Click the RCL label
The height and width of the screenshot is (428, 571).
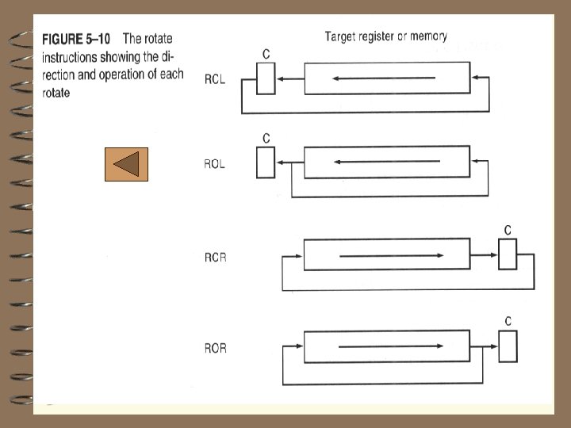(x=215, y=79)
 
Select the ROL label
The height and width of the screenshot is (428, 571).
(x=215, y=165)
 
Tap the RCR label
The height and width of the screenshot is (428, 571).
(x=215, y=257)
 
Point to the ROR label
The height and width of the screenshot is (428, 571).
(x=215, y=348)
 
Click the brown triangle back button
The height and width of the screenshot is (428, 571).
(x=126, y=164)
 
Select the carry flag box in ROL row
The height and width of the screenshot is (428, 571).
(x=266, y=162)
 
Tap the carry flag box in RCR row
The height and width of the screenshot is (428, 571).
(x=508, y=254)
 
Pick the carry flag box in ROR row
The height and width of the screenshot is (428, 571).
(x=508, y=346)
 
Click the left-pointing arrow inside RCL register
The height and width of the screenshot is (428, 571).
(x=385, y=78)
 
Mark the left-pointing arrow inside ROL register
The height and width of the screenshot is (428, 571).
(x=386, y=162)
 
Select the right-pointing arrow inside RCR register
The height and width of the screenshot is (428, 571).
(x=390, y=255)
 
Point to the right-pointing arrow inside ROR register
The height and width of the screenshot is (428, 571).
(x=390, y=347)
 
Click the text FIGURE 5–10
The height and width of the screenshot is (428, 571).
(x=76, y=39)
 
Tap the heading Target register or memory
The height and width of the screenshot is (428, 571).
(x=386, y=36)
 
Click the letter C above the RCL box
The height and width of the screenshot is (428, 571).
(x=266, y=53)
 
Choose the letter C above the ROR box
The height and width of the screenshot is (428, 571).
(x=508, y=321)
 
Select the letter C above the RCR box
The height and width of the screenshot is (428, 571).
(x=508, y=230)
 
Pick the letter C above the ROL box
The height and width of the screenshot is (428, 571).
(x=266, y=138)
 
